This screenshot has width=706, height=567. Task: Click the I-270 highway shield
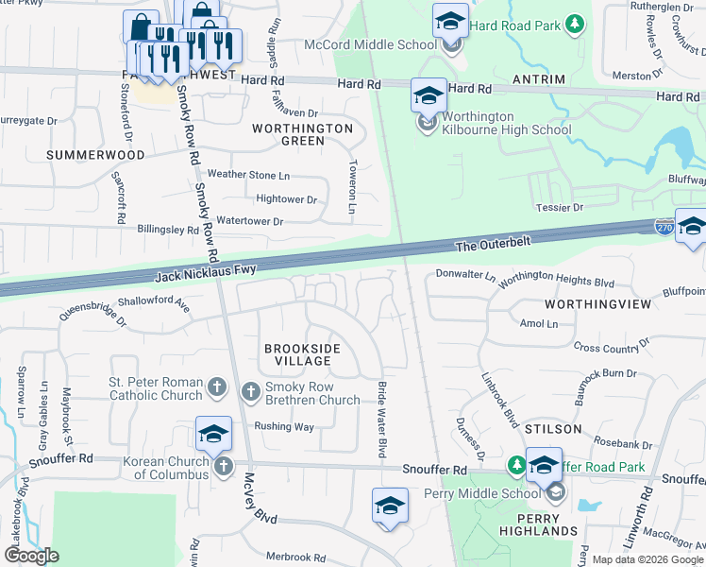click(664, 227)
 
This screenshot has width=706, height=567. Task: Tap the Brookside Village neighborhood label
click(302, 354)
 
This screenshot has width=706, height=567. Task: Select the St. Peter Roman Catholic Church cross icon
click(216, 387)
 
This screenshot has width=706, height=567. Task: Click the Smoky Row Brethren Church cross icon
click(251, 389)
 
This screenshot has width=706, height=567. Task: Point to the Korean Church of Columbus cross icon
click(223, 465)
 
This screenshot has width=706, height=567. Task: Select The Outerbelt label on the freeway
click(494, 244)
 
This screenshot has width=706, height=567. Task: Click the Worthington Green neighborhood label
click(302, 134)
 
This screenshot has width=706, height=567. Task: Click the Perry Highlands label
click(533, 524)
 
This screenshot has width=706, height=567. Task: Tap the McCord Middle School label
click(370, 44)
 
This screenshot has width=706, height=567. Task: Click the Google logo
click(30, 556)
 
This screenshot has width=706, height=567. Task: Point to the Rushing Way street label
click(284, 426)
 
